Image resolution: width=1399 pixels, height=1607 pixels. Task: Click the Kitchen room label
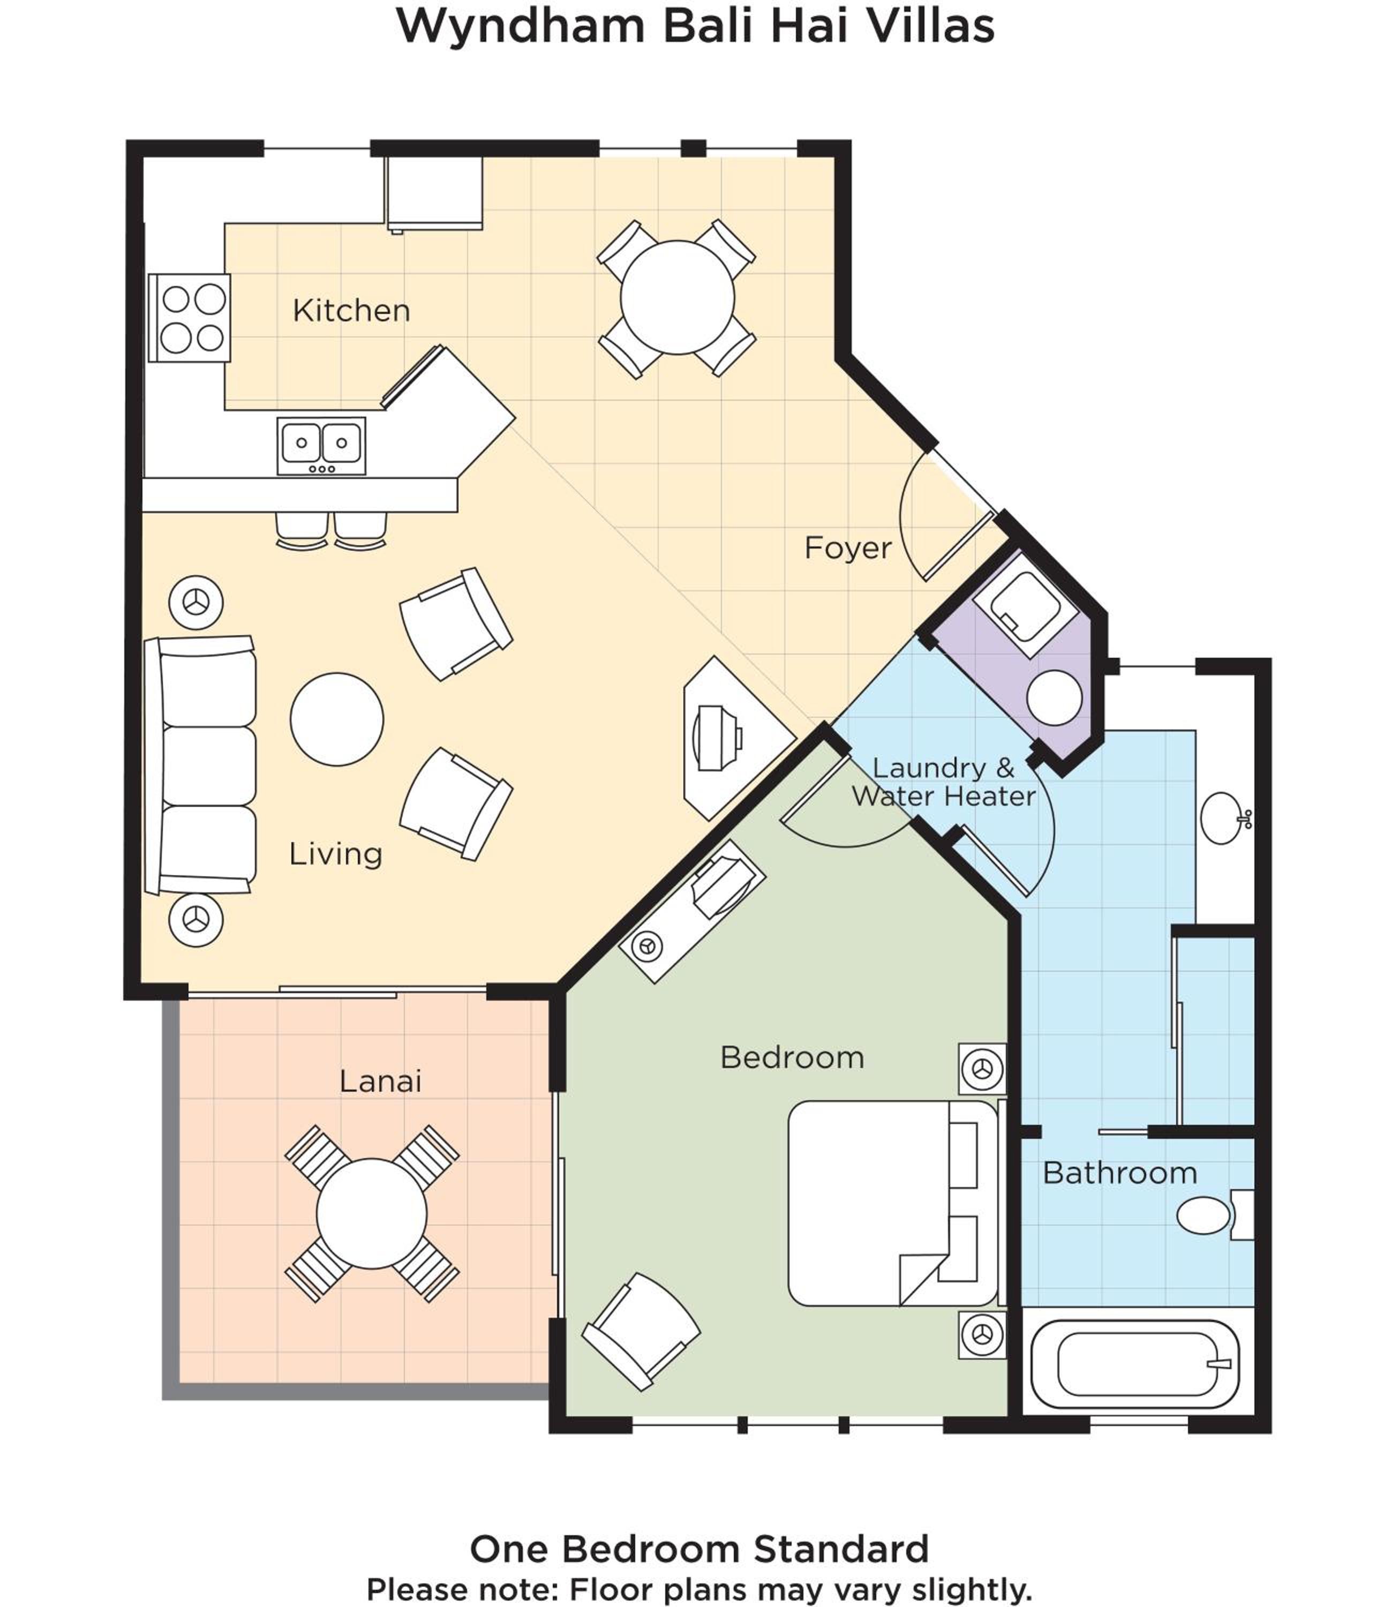click(x=351, y=311)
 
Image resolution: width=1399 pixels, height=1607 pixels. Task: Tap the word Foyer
click(x=848, y=548)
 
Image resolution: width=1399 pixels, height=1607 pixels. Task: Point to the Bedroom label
click(x=792, y=1058)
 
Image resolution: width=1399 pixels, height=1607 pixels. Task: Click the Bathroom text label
click(x=1119, y=1173)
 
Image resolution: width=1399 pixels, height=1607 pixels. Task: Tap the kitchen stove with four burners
click(x=189, y=318)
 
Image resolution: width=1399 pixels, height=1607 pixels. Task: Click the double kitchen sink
click(x=321, y=446)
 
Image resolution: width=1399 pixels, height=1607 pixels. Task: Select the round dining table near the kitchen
click(x=677, y=297)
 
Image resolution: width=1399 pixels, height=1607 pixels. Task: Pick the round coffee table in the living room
click(x=336, y=719)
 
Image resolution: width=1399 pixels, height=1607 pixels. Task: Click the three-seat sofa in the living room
click(x=201, y=765)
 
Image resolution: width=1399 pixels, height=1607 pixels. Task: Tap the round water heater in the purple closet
click(x=1054, y=697)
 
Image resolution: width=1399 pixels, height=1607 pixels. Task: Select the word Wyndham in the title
click(x=521, y=26)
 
